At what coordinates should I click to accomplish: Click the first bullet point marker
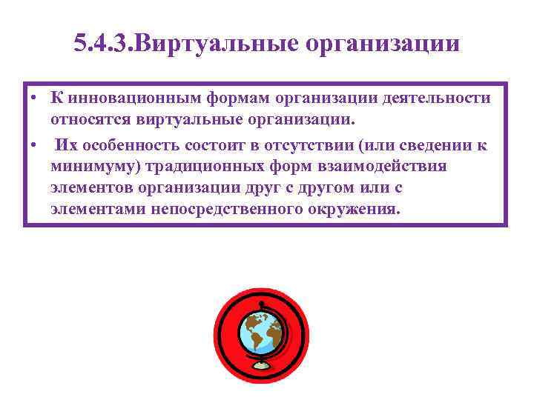[34, 99]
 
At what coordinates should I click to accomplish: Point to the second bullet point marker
[34, 146]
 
